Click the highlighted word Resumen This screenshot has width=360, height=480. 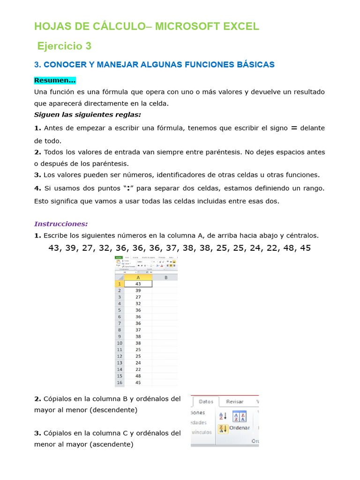click(54, 80)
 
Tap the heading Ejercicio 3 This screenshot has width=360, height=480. click(64, 46)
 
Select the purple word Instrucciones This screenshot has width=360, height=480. click(61, 224)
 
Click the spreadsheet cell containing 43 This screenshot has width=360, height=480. click(138, 284)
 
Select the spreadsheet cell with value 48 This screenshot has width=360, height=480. click(138, 376)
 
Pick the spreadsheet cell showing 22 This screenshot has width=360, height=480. click(138, 369)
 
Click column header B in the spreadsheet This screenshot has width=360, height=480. click(165, 277)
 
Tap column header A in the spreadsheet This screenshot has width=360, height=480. click(138, 277)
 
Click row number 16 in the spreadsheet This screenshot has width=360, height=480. click(119, 382)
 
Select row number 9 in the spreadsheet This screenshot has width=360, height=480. click(119, 337)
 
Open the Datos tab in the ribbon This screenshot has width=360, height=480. click(206, 402)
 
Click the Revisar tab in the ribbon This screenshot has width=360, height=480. click(235, 402)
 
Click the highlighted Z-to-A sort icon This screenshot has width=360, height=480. click(223, 428)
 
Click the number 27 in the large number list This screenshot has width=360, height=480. click(88, 248)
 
